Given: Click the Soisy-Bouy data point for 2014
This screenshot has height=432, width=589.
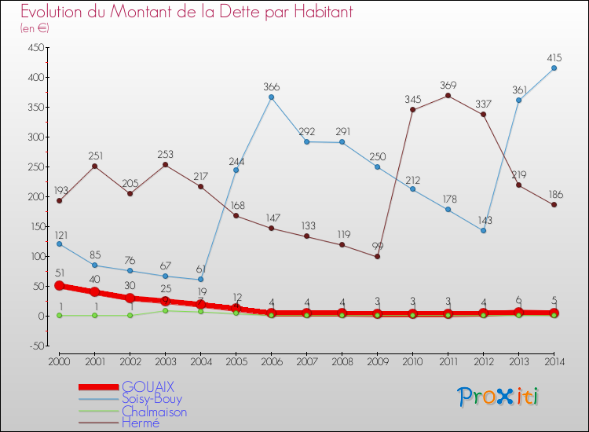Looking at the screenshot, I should (554, 68).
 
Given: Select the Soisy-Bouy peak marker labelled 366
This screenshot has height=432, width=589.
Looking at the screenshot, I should (271, 97).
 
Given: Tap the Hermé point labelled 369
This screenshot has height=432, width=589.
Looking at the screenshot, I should (448, 96).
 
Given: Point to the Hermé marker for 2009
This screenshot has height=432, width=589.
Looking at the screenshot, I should (377, 256).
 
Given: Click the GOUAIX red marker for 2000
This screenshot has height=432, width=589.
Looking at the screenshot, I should (60, 286).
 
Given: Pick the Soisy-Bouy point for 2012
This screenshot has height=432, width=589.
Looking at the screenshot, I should (483, 230).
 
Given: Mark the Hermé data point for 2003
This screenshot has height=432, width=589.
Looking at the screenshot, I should (165, 165).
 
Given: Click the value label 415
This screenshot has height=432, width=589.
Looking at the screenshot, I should (554, 57).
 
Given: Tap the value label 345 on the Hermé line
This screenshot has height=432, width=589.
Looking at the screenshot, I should (412, 99).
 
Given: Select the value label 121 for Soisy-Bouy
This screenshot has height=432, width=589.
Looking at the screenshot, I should (60, 235).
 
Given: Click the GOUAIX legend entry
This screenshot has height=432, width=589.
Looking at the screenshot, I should (148, 386).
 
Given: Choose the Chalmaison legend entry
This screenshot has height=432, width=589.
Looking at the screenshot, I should (155, 411).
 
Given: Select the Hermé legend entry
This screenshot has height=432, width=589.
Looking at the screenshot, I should (142, 423).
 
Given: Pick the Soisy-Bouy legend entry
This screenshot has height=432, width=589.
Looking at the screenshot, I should (152, 399).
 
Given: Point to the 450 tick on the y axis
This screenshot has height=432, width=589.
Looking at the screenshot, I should (34, 47).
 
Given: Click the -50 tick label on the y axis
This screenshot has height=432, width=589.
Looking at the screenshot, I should (35, 346).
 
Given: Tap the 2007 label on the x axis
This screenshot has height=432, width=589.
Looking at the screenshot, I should (306, 361).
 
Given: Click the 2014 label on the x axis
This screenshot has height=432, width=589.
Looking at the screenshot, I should (554, 361).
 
